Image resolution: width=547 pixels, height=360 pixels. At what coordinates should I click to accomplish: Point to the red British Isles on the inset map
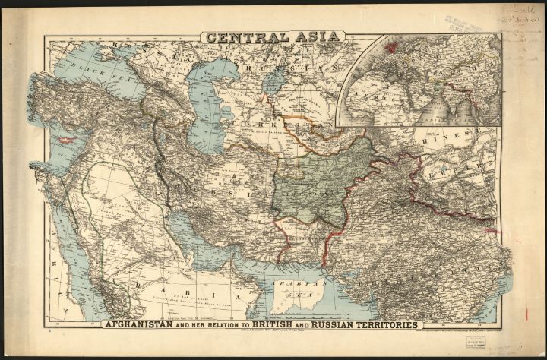(392, 47)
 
